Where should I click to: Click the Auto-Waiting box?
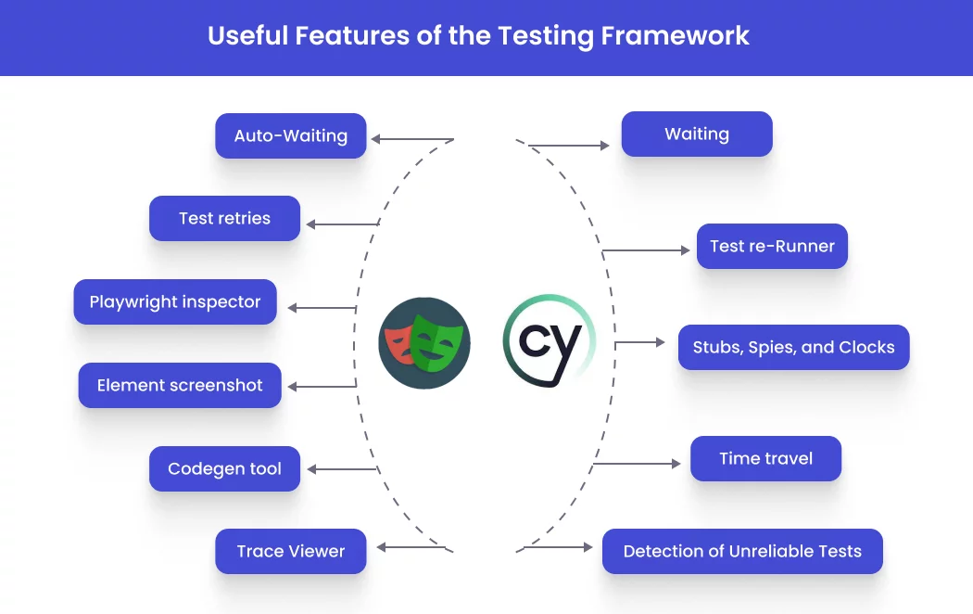(x=291, y=135)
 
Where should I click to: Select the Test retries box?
(x=224, y=219)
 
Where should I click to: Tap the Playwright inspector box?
(x=175, y=301)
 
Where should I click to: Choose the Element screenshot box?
(x=180, y=385)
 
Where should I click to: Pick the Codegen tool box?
(x=224, y=468)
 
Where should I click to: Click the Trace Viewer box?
(x=291, y=551)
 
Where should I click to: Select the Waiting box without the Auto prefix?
(x=697, y=134)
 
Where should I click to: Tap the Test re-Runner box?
(x=772, y=246)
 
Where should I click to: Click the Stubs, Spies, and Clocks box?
(x=793, y=348)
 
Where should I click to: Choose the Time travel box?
(x=765, y=458)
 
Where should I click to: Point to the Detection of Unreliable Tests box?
(x=742, y=551)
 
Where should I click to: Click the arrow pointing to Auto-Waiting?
(x=411, y=140)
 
